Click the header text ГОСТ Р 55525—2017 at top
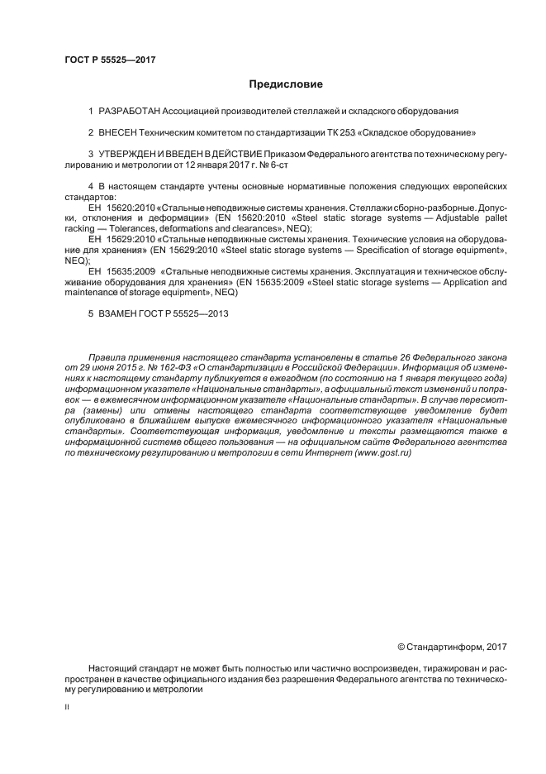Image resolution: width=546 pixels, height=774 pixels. (x=110, y=60)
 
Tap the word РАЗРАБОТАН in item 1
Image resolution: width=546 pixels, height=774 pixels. (x=128, y=110)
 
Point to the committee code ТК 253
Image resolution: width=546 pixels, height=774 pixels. (x=327, y=131)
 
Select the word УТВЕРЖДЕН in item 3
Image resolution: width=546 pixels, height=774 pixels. (x=126, y=154)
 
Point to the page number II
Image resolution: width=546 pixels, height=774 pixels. (x=66, y=709)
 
